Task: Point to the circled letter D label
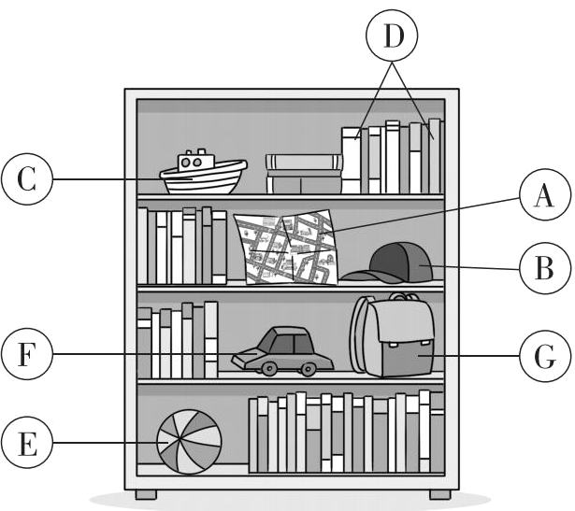(x=392, y=37)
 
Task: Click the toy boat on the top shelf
(x=202, y=174)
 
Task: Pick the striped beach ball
(x=189, y=443)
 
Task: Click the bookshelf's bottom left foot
(x=146, y=492)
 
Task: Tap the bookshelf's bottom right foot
(x=438, y=492)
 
